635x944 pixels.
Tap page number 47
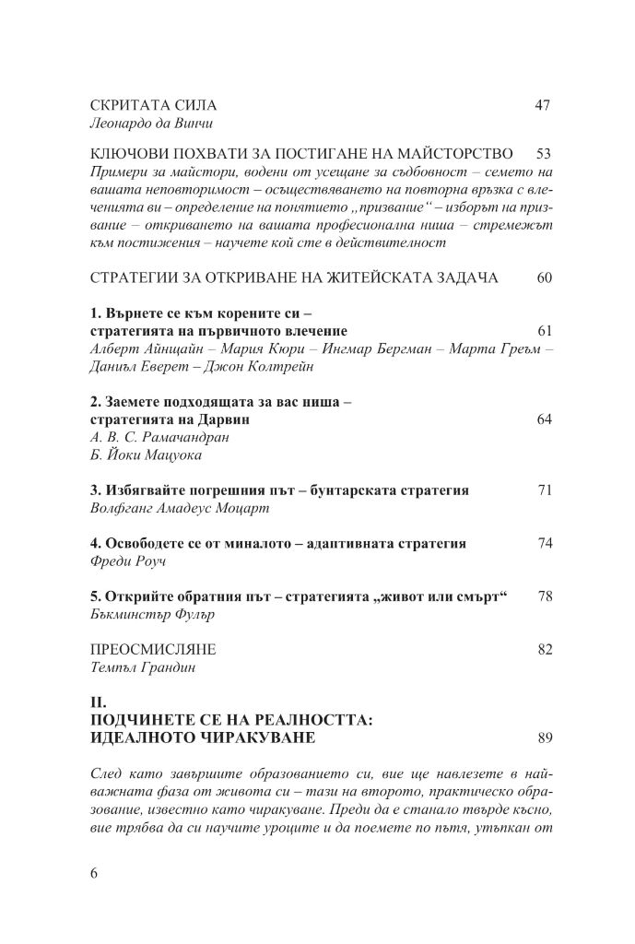click(542, 105)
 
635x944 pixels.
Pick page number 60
click(542, 278)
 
